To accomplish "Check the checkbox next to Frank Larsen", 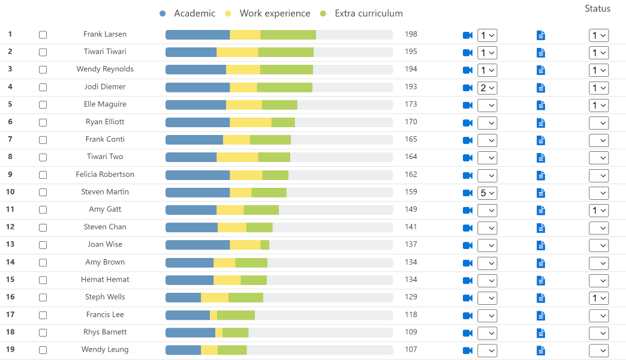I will click(x=43, y=35).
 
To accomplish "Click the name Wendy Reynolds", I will click(x=105, y=69).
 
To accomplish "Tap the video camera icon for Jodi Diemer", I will click(x=468, y=88).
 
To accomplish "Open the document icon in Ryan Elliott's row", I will click(x=541, y=123).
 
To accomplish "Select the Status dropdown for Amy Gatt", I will click(x=598, y=211).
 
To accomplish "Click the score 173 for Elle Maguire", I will click(x=411, y=104).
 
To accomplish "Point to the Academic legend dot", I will click(x=162, y=13).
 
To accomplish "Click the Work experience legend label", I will click(x=275, y=13).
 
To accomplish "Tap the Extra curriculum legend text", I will click(x=368, y=13).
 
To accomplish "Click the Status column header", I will click(x=597, y=8).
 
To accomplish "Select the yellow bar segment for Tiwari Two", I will click(x=237, y=157).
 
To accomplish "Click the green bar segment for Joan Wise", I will click(x=264, y=245).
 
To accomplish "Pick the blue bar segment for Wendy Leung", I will click(x=183, y=350).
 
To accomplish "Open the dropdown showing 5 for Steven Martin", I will click(x=487, y=193).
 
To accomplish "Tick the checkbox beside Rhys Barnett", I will click(x=43, y=332).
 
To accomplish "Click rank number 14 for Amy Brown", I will click(x=10, y=262).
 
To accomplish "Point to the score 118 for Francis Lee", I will click(x=411, y=315).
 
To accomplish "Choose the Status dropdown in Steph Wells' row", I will click(x=598, y=298).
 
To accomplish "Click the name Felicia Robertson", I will click(x=105, y=175).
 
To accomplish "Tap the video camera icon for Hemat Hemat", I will click(x=468, y=281).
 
